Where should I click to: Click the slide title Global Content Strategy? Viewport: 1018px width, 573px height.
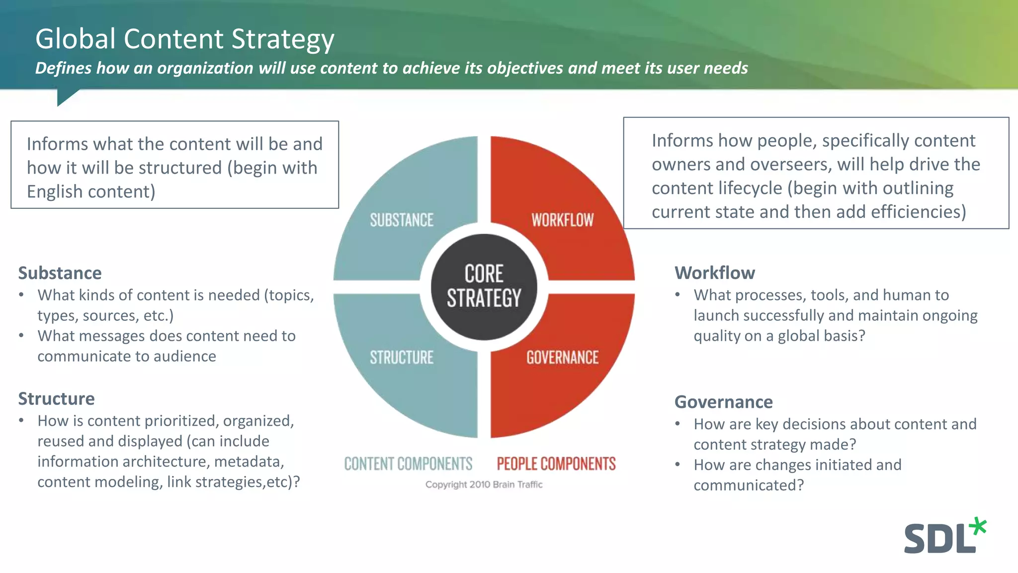click(x=184, y=39)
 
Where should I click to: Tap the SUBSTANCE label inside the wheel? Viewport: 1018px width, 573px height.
click(x=402, y=220)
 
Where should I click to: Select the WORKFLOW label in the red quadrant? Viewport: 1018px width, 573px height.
click(x=562, y=220)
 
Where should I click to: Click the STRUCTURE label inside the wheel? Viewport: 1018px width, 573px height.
click(x=402, y=357)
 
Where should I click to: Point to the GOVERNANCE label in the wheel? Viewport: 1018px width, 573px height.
click(x=562, y=357)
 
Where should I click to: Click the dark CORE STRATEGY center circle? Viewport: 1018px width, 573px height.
click(x=484, y=286)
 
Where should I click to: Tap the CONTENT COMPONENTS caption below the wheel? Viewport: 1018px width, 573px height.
click(x=408, y=464)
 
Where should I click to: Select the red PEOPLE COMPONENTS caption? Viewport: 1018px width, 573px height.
click(x=556, y=464)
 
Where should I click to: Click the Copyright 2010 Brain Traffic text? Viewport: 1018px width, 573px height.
click(x=484, y=484)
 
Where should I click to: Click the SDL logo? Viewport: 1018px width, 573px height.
click(x=939, y=538)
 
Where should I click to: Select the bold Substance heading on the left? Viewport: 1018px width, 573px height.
click(x=60, y=273)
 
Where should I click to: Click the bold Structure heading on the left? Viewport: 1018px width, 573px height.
click(x=56, y=399)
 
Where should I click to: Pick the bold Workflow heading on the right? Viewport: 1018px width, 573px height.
click(x=714, y=273)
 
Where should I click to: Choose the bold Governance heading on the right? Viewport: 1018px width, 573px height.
click(x=723, y=402)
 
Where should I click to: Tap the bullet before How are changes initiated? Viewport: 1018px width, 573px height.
click(x=678, y=465)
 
